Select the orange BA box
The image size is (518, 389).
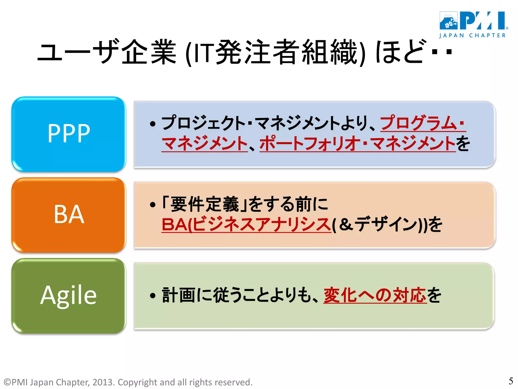click(x=69, y=215)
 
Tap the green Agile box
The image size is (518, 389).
click(x=69, y=295)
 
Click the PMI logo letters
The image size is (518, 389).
click(x=482, y=21)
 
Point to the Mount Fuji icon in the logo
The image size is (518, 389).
click(x=448, y=21)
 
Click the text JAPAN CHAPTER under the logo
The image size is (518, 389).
click(x=472, y=36)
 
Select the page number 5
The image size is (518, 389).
click(x=511, y=381)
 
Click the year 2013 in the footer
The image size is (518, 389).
click(x=102, y=382)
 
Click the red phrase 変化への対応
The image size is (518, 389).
click(x=375, y=295)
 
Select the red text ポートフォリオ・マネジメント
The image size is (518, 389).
click(x=357, y=143)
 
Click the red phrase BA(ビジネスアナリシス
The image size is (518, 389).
click(x=246, y=224)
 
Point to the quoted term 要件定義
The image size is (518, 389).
click(x=204, y=204)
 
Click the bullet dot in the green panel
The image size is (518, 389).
click(x=152, y=296)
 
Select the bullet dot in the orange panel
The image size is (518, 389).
click(x=152, y=205)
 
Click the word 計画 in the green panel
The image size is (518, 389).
click(x=178, y=295)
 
